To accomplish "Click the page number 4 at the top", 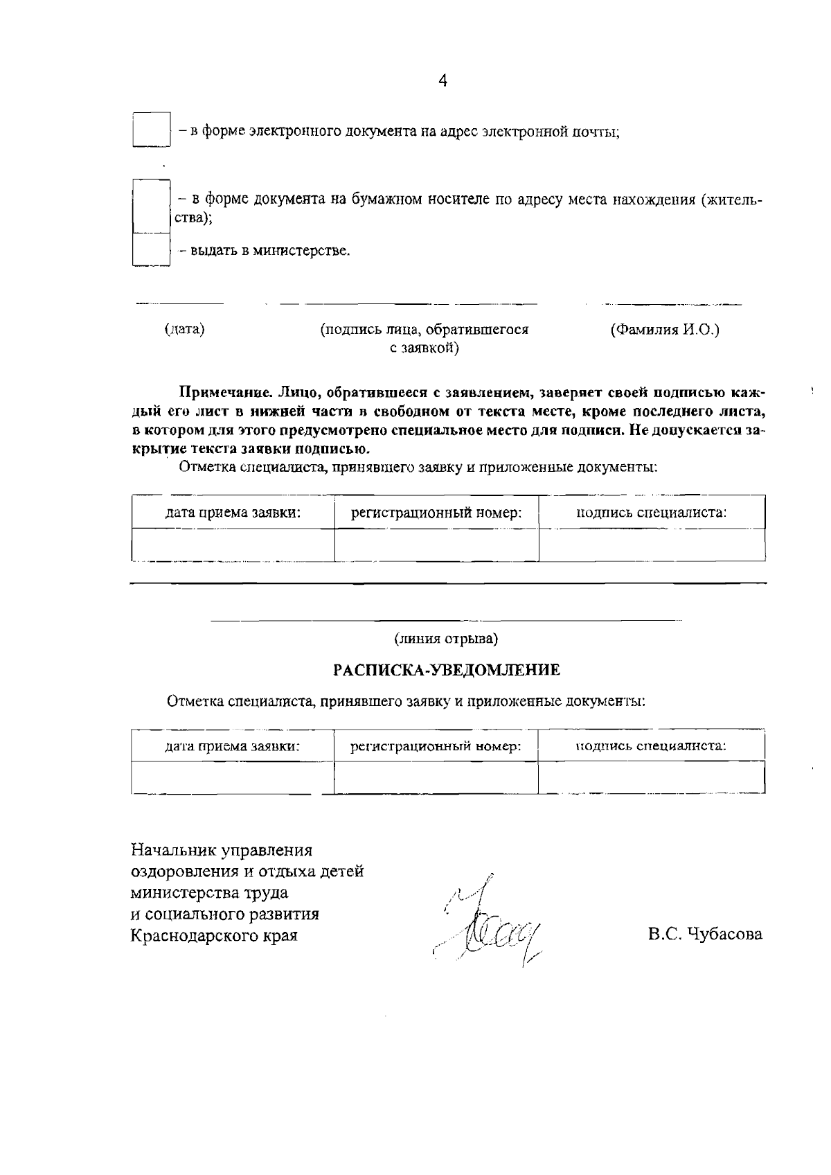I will click(x=443, y=80).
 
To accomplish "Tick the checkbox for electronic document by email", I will click(x=151, y=130).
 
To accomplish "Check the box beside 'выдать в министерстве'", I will click(x=151, y=249).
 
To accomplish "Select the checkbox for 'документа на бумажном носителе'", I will click(x=151, y=206).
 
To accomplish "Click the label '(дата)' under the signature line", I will click(x=184, y=330).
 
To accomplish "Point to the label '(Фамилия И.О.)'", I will click(x=664, y=330).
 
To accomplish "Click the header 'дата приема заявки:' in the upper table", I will click(x=232, y=513).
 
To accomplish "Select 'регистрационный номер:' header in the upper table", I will click(x=436, y=513).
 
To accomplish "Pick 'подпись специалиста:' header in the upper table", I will click(x=652, y=513).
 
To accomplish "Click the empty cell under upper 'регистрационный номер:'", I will click(x=436, y=545).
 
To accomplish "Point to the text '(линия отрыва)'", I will click(x=446, y=638).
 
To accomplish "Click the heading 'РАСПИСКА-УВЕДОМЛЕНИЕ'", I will click(x=447, y=670).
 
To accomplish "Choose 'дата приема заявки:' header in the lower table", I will click(x=232, y=746).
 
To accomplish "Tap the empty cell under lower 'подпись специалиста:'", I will click(x=652, y=777).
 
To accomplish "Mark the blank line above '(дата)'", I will click(x=180, y=303).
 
